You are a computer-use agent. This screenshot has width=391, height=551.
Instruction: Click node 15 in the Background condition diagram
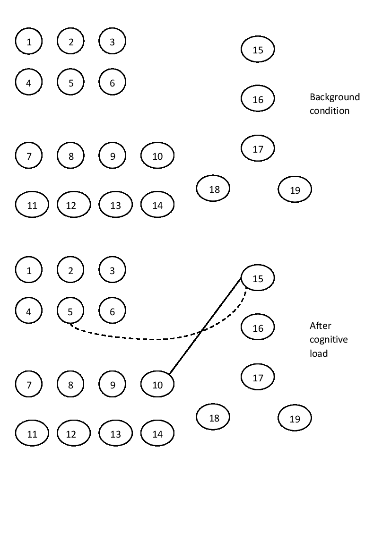pyautogui.click(x=258, y=50)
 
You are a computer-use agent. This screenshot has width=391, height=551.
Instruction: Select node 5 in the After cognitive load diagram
pyautogui.click(x=70, y=311)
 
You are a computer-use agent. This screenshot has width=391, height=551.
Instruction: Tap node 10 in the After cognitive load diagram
pyautogui.click(x=157, y=385)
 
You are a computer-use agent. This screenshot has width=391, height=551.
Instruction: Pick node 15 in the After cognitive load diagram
pyautogui.click(x=258, y=278)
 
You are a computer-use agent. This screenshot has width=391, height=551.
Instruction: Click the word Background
pyautogui.click(x=335, y=97)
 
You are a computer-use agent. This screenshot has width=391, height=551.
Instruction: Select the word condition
pyautogui.click(x=329, y=111)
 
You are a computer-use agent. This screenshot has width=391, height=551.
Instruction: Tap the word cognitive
pyautogui.click(x=328, y=339)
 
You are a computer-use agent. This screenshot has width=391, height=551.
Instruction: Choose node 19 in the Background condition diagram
pyautogui.click(x=295, y=190)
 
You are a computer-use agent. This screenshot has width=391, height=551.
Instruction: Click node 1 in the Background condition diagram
pyautogui.click(x=29, y=42)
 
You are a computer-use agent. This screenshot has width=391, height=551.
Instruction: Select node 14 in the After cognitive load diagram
pyautogui.click(x=157, y=434)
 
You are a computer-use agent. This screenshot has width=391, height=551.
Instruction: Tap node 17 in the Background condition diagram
pyautogui.click(x=258, y=149)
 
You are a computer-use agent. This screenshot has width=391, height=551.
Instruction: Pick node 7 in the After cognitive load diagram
pyautogui.click(x=29, y=385)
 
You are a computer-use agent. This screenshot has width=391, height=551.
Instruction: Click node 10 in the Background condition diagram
pyautogui.click(x=157, y=156)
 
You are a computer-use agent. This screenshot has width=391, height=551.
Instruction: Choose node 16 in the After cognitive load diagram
pyautogui.click(x=258, y=328)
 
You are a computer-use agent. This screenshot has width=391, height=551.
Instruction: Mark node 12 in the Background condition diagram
pyautogui.click(x=70, y=206)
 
